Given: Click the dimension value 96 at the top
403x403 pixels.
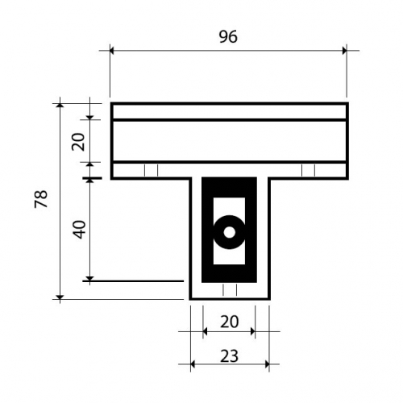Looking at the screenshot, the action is [x=228, y=36].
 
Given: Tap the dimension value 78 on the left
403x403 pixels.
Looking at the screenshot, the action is [x=41, y=199].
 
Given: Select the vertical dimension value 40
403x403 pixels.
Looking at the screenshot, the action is [x=80, y=229].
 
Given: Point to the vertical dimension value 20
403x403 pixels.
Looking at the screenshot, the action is [x=78, y=142].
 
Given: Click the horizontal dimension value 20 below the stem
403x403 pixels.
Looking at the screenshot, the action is [x=229, y=322].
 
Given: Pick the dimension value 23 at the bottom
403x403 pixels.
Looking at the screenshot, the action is [x=229, y=356].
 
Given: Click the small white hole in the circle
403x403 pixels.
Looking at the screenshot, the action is [x=229, y=232].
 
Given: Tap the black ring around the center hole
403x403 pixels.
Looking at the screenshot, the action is [x=229, y=220].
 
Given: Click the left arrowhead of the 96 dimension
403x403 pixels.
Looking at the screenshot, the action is [x=112, y=50].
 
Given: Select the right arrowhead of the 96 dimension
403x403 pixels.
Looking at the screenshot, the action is [x=344, y=50].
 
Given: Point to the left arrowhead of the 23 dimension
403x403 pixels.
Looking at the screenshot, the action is [x=193, y=364].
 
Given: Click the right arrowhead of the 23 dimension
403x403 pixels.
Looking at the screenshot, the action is [x=267, y=364].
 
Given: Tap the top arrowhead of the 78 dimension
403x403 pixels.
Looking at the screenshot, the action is [x=60, y=105].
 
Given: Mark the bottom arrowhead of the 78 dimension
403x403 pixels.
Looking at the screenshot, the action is [x=60, y=297].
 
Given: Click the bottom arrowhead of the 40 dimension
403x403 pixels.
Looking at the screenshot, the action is [x=90, y=279].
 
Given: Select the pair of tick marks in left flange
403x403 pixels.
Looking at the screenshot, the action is [x=151, y=170].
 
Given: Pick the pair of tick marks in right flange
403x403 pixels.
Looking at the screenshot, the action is [x=308, y=170].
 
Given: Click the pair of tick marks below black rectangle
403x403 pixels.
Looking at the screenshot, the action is [x=230, y=289].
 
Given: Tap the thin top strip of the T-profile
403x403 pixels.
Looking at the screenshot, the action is [x=230, y=112].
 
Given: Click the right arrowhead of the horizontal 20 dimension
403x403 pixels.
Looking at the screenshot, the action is [x=253, y=331].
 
